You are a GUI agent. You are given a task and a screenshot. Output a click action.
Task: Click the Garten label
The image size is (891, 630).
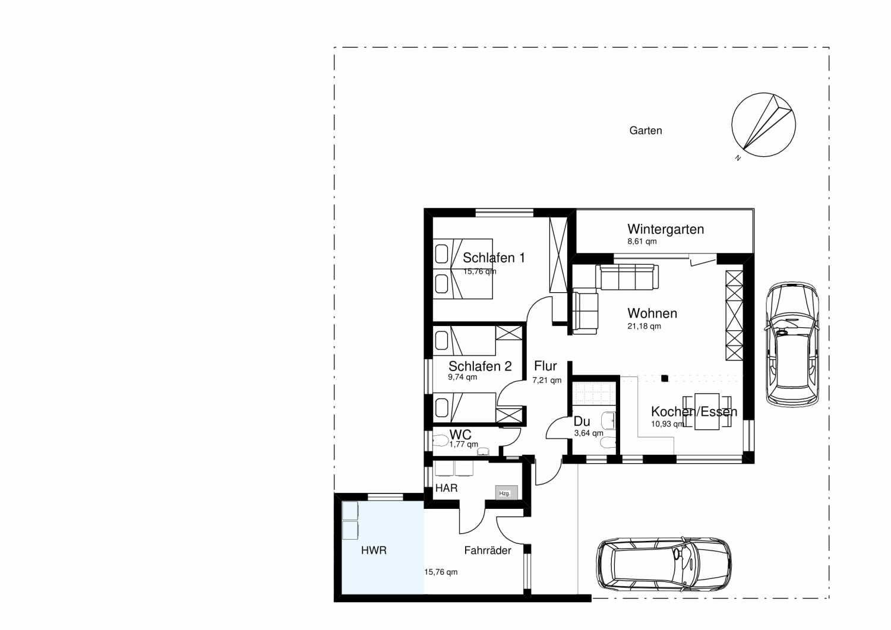click(x=646, y=131)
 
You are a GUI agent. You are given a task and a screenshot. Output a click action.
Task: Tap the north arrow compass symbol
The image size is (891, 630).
click(x=763, y=125)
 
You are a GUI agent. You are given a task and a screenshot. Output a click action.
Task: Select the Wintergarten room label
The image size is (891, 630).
click(x=665, y=229)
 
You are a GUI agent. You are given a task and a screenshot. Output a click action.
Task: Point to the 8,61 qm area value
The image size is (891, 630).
click(x=642, y=242)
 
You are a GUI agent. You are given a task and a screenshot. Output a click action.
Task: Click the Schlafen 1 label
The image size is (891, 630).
click(x=494, y=258)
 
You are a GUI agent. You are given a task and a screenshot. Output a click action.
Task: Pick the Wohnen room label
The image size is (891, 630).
click(x=652, y=314)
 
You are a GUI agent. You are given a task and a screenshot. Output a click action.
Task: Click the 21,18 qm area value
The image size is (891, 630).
click(x=644, y=326)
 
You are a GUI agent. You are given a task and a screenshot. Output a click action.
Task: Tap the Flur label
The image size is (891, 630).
click(x=545, y=366)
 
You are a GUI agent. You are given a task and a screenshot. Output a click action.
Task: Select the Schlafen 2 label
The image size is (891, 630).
click(x=480, y=366)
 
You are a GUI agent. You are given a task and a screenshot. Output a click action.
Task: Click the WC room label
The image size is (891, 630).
click(x=460, y=434)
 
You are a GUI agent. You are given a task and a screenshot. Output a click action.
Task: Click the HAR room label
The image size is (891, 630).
click(x=446, y=488)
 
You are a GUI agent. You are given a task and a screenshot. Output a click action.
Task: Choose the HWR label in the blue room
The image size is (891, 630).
click(x=374, y=550)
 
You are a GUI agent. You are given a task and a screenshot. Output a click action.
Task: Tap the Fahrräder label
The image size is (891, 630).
click(x=488, y=550)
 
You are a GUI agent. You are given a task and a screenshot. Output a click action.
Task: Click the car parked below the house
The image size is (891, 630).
click(x=663, y=564)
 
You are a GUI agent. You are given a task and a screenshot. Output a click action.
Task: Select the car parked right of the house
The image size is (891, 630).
click(x=792, y=344)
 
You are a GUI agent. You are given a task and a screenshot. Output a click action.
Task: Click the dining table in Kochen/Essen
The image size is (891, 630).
click(x=707, y=411)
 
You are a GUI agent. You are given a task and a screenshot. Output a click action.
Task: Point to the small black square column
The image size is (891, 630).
click(x=665, y=378)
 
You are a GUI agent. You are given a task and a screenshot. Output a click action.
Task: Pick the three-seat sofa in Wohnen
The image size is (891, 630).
click(x=627, y=277)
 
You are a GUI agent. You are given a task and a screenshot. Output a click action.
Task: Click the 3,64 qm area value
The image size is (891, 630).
click(x=589, y=433)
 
